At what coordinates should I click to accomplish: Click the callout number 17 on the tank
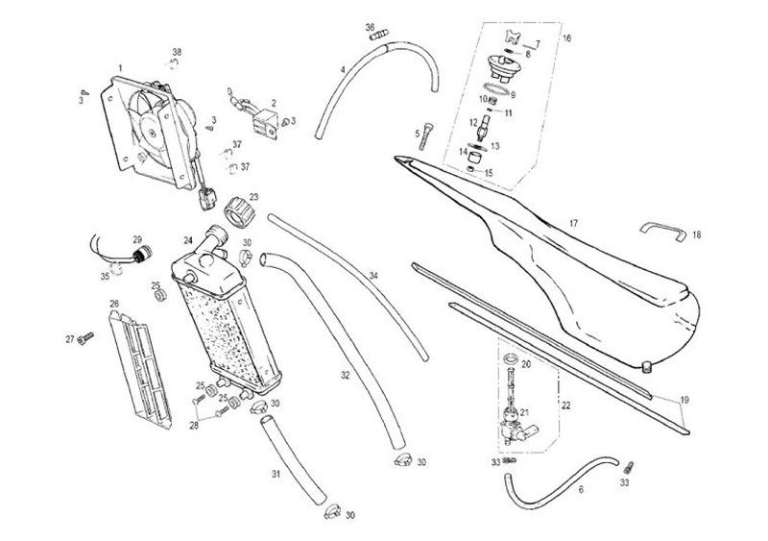pos(573,224)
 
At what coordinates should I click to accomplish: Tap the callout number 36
pos(371,27)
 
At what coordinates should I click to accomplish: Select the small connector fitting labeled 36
pos(380,35)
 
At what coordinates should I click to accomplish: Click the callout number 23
pos(253,197)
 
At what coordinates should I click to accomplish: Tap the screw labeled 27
pos(85,337)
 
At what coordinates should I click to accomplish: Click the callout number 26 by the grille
pos(114,304)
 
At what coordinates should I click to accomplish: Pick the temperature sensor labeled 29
pos(142,254)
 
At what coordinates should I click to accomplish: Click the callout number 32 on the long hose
pos(346,375)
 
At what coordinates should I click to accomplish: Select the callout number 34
pos(373,276)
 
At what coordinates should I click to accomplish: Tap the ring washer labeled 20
pos(511,357)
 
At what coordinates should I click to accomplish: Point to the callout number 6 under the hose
pos(581,489)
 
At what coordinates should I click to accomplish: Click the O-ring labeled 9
pos(495,88)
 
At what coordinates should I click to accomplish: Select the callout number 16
pos(566,37)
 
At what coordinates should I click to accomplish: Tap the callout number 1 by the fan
pos(120,68)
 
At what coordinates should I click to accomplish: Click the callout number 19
pos(684,400)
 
